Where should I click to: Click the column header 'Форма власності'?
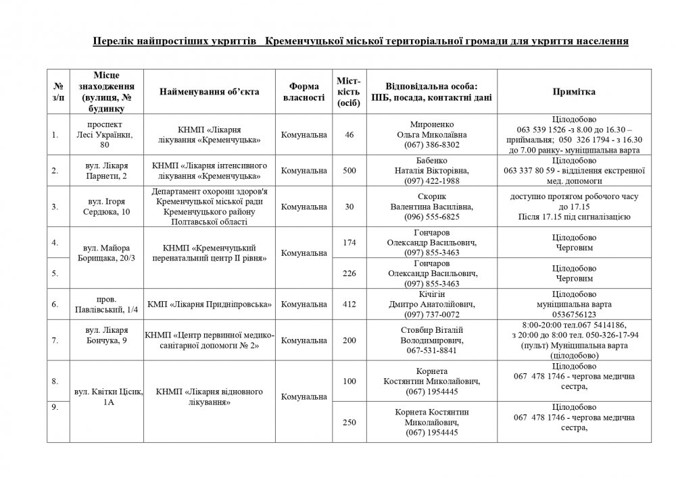click(304, 92)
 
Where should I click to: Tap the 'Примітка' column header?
click(574, 92)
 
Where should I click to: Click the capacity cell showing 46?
click(349, 134)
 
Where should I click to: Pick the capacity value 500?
click(349, 170)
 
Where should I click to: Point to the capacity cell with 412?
click(349, 304)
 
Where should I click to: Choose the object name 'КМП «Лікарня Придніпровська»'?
click(210, 304)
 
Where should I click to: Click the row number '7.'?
click(55, 340)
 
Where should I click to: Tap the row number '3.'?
click(55, 207)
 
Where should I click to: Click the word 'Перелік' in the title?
click(113, 41)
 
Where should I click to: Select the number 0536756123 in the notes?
click(574, 315)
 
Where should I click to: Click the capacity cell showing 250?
click(349, 423)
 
